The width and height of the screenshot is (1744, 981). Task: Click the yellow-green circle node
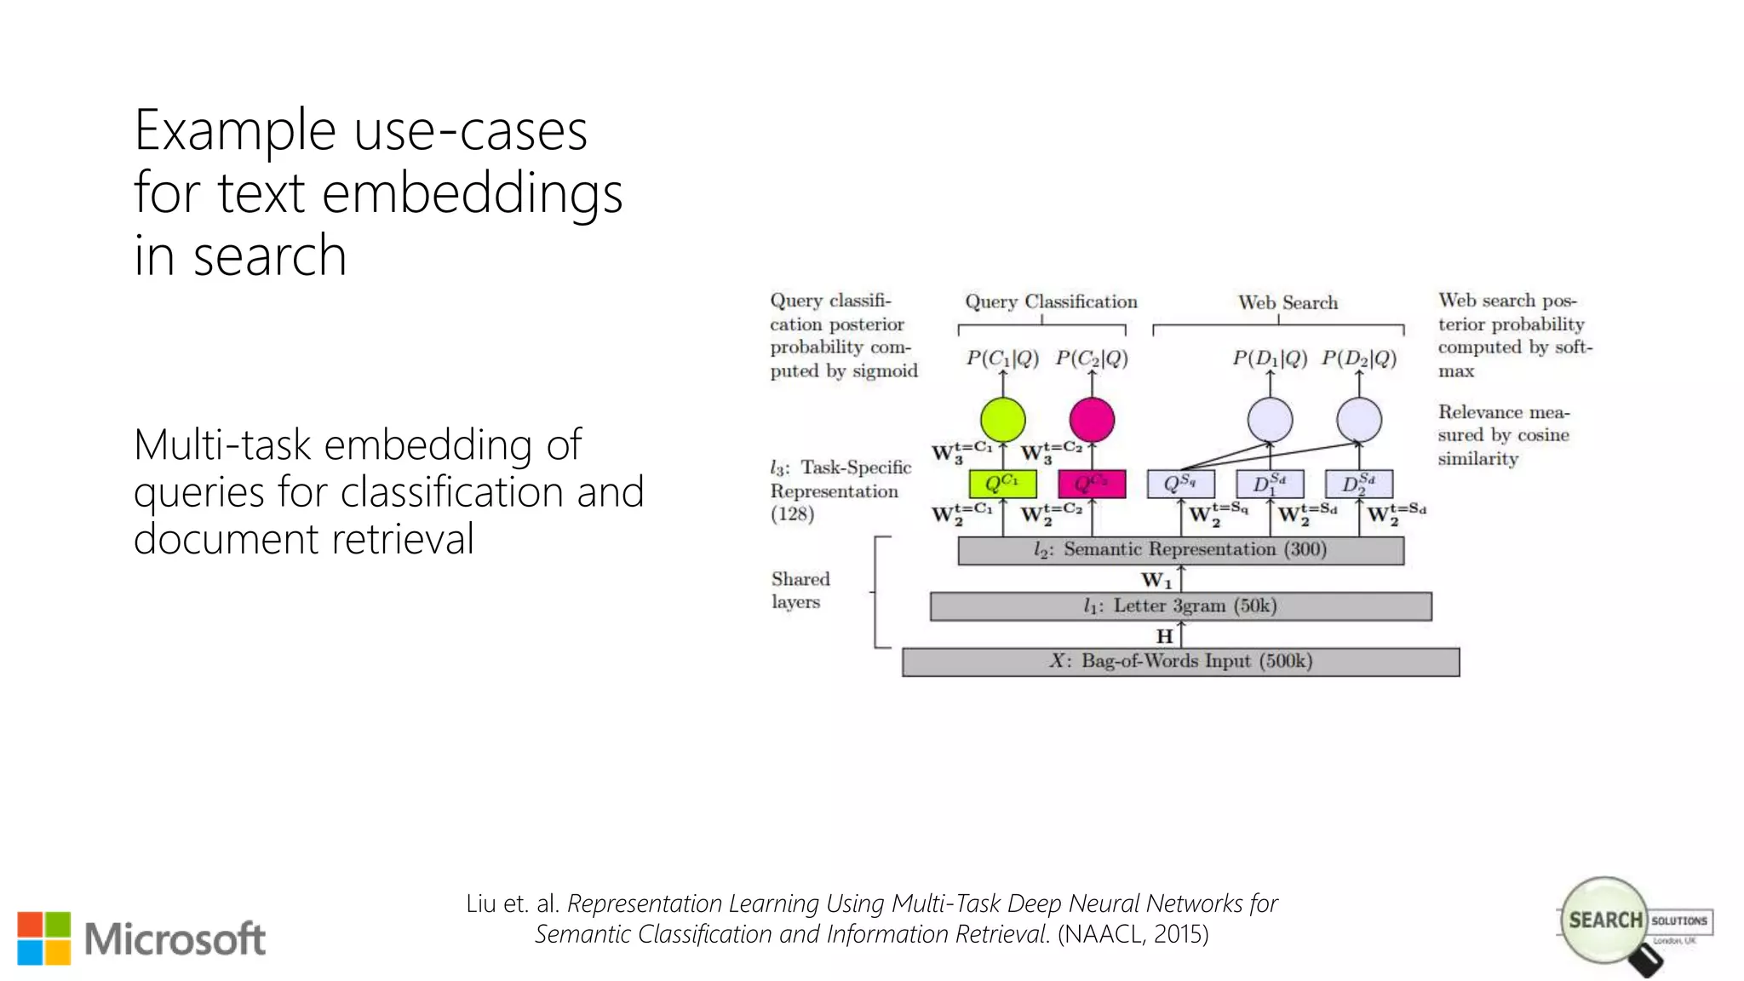1002,420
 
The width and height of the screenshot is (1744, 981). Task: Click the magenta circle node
1092,420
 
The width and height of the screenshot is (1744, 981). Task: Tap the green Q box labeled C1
1002,484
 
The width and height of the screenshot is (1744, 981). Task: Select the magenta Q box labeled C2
1092,484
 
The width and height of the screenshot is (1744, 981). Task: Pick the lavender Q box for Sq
1180,484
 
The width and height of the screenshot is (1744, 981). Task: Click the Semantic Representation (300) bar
1180,550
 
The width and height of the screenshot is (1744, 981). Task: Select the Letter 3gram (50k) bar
1180,606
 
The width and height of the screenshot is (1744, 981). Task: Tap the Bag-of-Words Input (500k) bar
1180,662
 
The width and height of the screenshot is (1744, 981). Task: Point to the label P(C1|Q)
1002,359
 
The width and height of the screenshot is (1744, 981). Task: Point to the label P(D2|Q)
1359,359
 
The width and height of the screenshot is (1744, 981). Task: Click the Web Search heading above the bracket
1288,302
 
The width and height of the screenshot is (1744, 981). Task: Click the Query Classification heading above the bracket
1051,301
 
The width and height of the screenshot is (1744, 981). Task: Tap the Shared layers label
800,590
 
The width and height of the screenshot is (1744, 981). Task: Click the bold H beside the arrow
1164,636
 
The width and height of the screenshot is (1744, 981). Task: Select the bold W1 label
1156,581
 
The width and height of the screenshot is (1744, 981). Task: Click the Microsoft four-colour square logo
43,938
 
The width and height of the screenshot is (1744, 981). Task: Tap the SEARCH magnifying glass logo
1606,921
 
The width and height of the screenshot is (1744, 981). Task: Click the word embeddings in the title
473,194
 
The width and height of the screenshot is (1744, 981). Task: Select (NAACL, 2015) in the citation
1133,934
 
